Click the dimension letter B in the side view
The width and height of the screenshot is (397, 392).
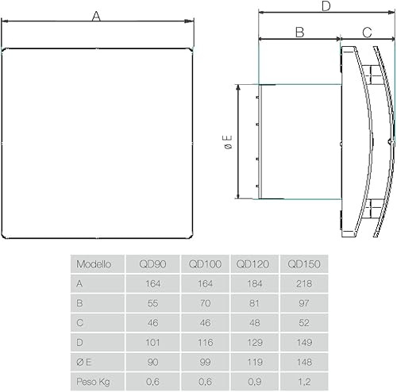pos(299,33)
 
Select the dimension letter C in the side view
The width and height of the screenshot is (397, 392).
pos(367,33)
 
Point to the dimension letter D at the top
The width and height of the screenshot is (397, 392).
pos(326,7)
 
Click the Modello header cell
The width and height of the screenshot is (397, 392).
pos(94,263)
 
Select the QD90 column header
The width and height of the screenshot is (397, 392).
pos(152,263)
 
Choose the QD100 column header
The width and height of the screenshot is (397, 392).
pos(205,263)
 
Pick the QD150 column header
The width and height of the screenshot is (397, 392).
pos(304,263)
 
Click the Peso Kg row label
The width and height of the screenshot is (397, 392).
pos(94,382)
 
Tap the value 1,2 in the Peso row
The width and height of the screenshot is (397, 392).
pos(304,382)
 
